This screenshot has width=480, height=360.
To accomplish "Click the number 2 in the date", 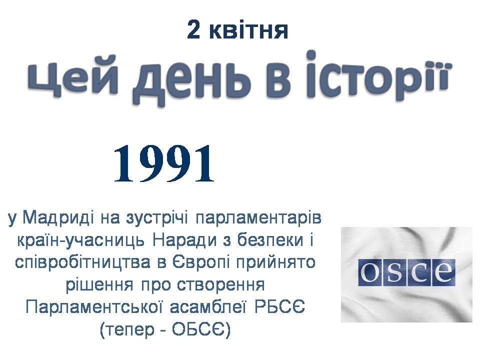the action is click(193, 30).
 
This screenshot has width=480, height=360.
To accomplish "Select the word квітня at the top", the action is click(248, 30).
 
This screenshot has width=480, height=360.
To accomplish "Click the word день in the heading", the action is click(190, 81).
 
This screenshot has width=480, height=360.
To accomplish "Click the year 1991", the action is click(164, 164).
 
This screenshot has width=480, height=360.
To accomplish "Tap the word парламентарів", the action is click(258, 219).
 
